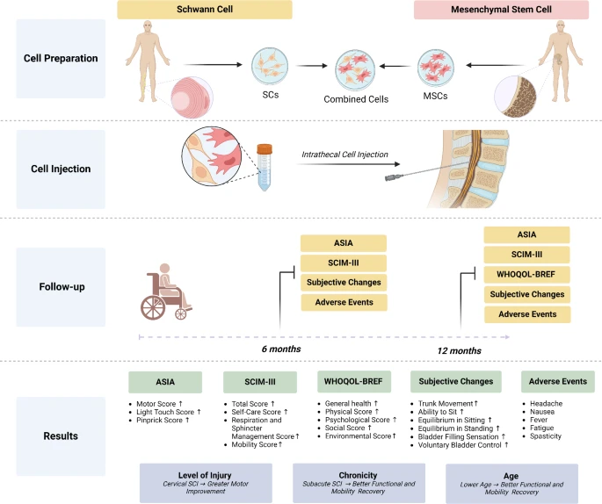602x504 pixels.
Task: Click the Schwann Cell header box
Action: [x=205, y=10]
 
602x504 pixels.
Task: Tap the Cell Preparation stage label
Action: [x=61, y=58]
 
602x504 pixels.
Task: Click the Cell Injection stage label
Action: [x=61, y=169]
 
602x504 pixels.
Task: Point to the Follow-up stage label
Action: [x=61, y=286]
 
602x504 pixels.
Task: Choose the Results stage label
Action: [x=61, y=436]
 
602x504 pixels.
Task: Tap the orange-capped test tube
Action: [x=262, y=168]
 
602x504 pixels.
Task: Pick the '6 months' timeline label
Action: [x=281, y=349]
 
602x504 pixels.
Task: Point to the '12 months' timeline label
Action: [x=459, y=350]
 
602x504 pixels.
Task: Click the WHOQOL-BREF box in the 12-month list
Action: [x=526, y=274]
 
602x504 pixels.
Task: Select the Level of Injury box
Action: [x=193, y=483]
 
